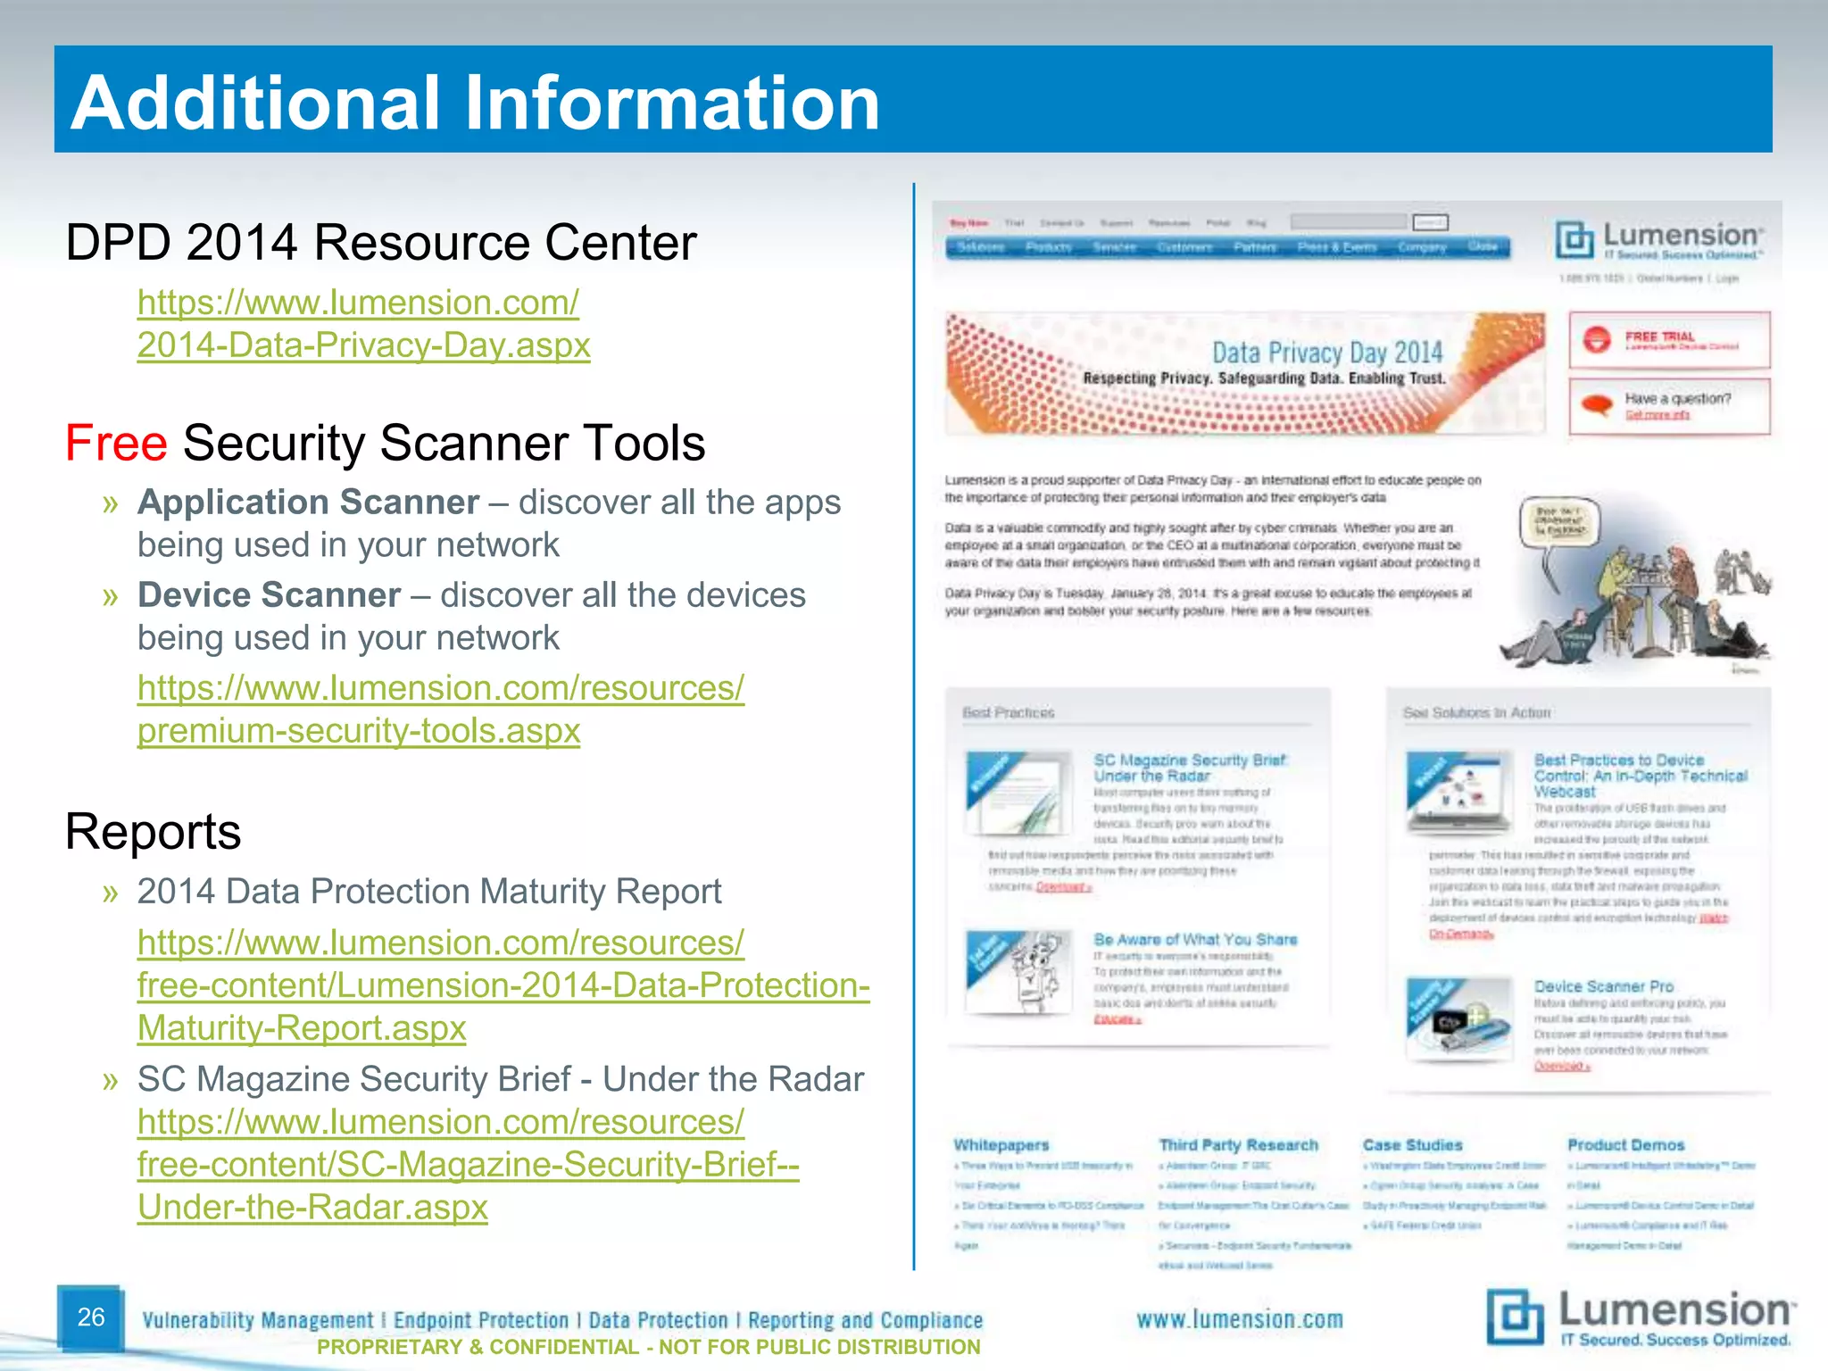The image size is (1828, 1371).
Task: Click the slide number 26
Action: [x=91, y=1317]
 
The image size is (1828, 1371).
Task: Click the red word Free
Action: [x=116, y=443]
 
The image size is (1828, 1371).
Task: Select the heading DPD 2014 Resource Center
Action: [x=381, y=243]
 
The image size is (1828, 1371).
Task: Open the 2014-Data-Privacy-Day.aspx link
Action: [x=363, y=345]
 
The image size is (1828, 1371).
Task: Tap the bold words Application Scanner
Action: [x=308, y=503]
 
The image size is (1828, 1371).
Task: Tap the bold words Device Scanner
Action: [x=269, y=595]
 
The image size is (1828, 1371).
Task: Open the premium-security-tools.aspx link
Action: [x=359, y=731]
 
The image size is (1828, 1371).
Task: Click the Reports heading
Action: [x=153, y=832]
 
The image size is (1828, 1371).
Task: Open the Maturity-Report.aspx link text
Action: [x=302, y=1028]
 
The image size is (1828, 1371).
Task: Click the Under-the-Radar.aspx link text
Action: [x=312, y=1208]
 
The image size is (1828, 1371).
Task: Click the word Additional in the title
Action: [x=257, y=103]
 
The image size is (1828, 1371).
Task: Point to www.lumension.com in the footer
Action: [x=1239, y=1320]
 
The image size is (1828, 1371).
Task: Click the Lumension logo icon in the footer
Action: [x=1515, y=1317]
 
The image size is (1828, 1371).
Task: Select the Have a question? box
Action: [x=1668, y=406]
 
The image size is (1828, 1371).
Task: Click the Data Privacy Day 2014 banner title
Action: [x=1326, y=353]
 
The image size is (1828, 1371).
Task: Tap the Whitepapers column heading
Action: [x=1001, y=1145]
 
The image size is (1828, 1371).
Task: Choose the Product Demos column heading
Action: [x=1625, y=1145]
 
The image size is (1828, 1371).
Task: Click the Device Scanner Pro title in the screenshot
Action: [x=1603, y=986]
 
